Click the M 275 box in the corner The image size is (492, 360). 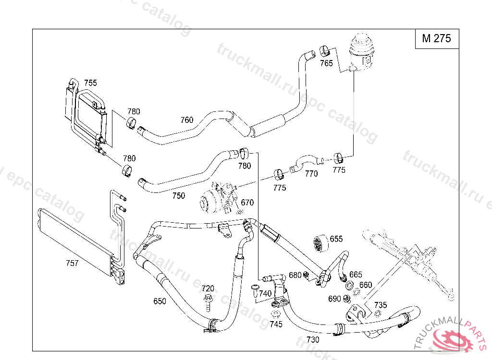coord(437,39)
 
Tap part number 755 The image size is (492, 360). coord(90,83)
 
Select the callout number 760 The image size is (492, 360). coord(187,120)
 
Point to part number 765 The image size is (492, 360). coord(326,63)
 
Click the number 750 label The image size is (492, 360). coord(178,195)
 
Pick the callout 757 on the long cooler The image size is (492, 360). coord(72,263)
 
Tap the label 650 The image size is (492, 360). coord(160,301)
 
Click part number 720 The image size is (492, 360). coord(208,288)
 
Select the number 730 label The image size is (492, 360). coord(313,339)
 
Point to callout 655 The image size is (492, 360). coord(336,239)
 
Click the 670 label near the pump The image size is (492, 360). coord(247,203)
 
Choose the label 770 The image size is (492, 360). coord(311,174)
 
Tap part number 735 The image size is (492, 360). coord(380,305)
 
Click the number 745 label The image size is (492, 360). coord(276,324)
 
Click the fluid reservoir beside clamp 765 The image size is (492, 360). coord(361,50)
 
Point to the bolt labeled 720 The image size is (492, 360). coord(208,303)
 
